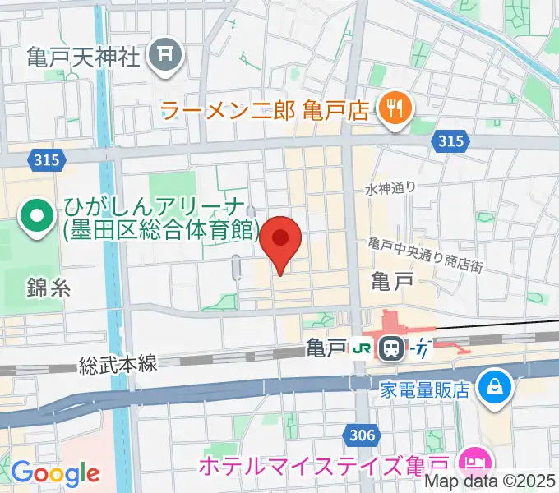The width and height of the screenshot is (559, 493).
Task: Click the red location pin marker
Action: tap(280, 242)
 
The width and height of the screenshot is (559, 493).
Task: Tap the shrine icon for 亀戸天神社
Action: tap(165, 55)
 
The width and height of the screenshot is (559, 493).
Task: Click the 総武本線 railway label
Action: tap(118, 364)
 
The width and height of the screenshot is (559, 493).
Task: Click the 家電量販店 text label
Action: tap(424, 387)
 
